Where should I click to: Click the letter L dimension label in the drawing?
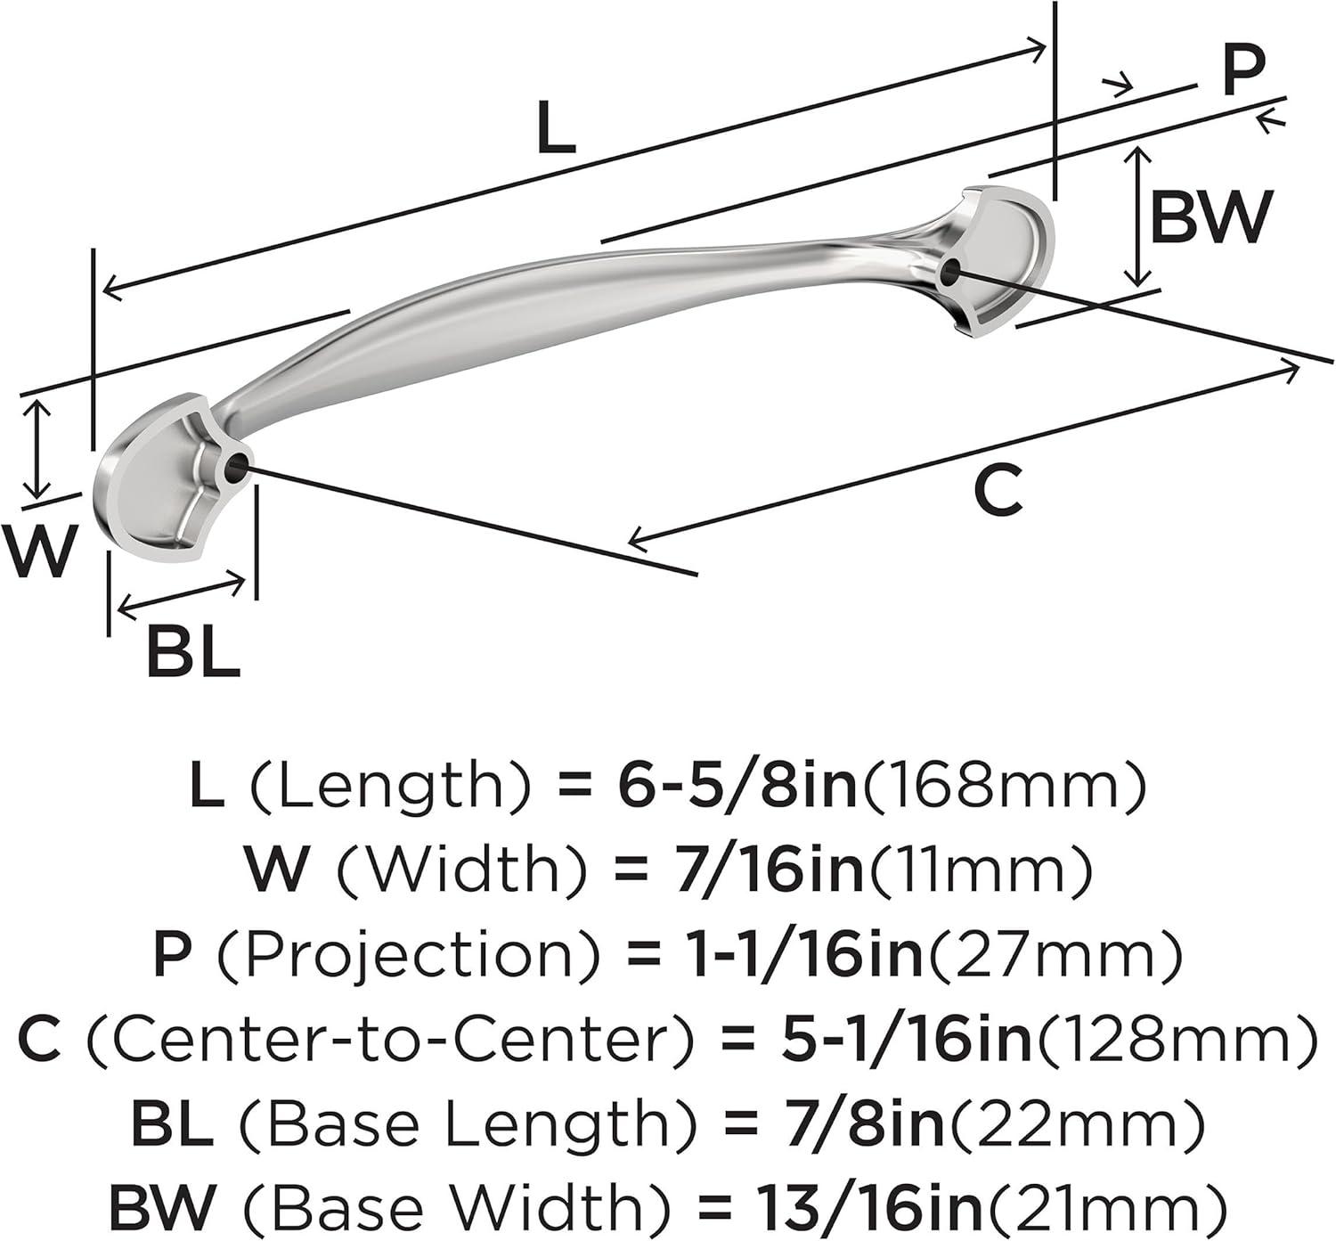click(557, 127)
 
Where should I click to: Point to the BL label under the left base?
click(193, 652)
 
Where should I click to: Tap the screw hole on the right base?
click(950, 271)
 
